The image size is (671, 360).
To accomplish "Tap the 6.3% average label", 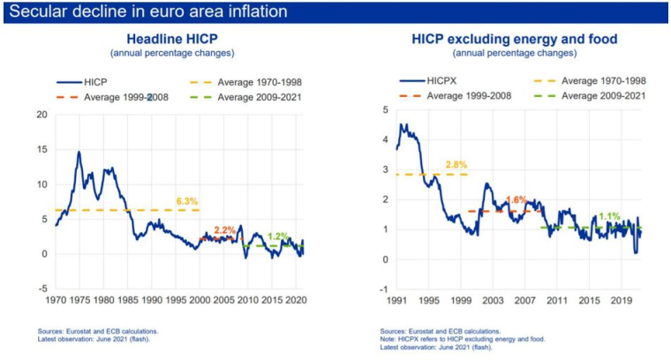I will [x=186, y=201].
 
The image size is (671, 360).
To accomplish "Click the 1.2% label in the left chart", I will [x=278, y=236].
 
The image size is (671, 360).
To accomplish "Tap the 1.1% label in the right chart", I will [x=608, y=216].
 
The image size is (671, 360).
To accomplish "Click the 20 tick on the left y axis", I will [x=41, y=115].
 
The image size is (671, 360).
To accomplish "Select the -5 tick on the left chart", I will [x=41, y=289].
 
